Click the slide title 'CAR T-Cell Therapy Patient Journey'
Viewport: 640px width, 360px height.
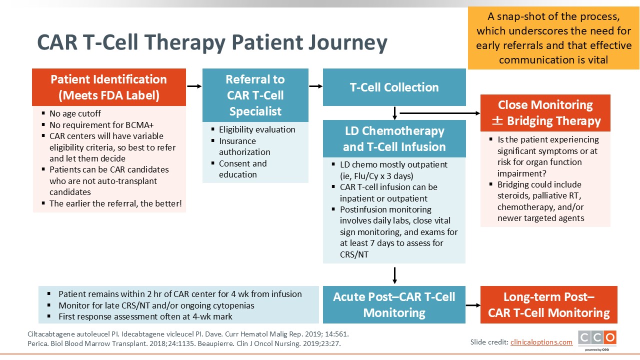pyautogui.click(x=212, y=43)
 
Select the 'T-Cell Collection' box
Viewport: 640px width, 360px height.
pyautogui.click(x=394, y=87)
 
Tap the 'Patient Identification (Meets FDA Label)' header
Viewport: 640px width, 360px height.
pyautogui.click(x=109, y=87)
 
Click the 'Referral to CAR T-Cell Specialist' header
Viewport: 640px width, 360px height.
pyautogui.click(x=255, y=95)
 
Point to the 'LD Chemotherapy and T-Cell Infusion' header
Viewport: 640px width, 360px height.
pyautogui.click(x=394, y=138)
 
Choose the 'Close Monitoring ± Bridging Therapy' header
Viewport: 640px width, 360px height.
pyautogui.click(x=545, y=113)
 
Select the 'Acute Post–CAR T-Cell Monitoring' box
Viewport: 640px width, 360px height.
pyautogui.click(x=394, y=304)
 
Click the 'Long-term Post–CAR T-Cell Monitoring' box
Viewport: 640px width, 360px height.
pyautogui.click(x=549, y=304)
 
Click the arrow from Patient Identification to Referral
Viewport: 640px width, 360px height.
pyautogui.click(x=194, y=86)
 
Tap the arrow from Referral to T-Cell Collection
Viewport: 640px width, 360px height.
pyautogui.click(x=315, y=86)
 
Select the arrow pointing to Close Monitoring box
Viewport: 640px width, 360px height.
pyautogui.click(x=440, y=113)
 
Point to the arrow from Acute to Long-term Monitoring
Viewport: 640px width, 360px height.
pyautogui.click(x=473, y=305)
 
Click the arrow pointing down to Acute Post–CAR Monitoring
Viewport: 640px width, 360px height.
pyautogui.click(x=394, y=275)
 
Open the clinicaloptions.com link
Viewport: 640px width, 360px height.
pyautogui.click(x=541, y=342)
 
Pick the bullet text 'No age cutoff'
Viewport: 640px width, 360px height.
pyautogui.click(x=75, y=113)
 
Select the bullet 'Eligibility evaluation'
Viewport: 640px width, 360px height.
pyautogui.click(x=257, y=129)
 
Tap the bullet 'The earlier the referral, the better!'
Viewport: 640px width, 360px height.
pyautogui.click(x=115, y=203)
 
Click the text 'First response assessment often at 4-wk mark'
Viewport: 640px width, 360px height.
pyautogui.click(x=145, y=316)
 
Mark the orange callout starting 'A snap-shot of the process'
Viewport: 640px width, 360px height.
pyautogui.click(x=553, y=38)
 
